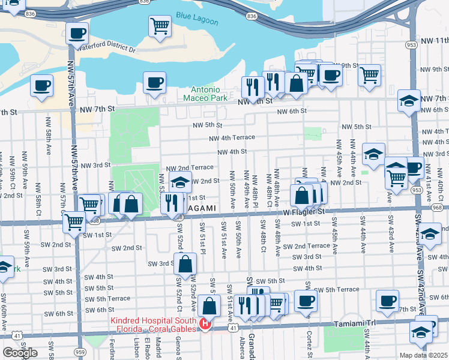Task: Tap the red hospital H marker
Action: pyautogui.click(x=205, y=325)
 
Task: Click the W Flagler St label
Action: pyautogui.click(x=304, y=212)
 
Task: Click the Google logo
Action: pyautogui.click(x=20, y=353)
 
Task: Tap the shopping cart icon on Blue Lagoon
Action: pyautogui.click(x=160, y=26)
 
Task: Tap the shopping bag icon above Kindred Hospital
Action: pyautogui.click(x=209, y=306)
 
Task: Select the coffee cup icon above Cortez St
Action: pyautogui.click(x=306, y=301)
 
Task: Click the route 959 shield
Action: pyautogui.click(x=80, y=351)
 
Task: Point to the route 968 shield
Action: pyautogui.click(x=436, y=207)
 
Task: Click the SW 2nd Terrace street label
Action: pyautogui.click(x=306, y=246)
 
